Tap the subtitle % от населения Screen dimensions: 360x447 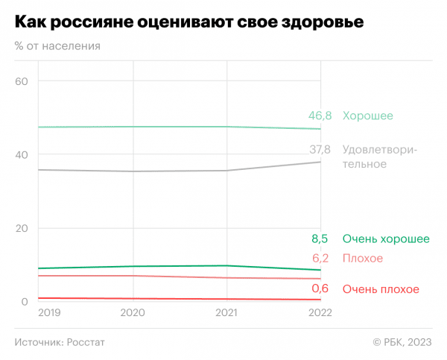(x=57, y=45)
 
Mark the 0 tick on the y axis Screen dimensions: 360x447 (x=24, y=302)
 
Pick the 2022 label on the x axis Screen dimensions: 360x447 (x=320, y=315)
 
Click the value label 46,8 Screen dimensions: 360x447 (x=320, y=116)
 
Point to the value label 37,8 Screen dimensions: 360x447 (x=320, y=150)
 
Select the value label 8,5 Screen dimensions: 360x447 (x=321, y=239)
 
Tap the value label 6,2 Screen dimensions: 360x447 (x=321, y=259)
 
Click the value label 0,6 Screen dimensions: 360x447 (x=321, y=289)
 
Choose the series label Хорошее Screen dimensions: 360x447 (x=367, y=116)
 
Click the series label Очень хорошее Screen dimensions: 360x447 (x=386, y=239)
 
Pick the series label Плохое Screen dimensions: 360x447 (x=363, y=259)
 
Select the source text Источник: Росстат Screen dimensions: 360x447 (x=60, y=342)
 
